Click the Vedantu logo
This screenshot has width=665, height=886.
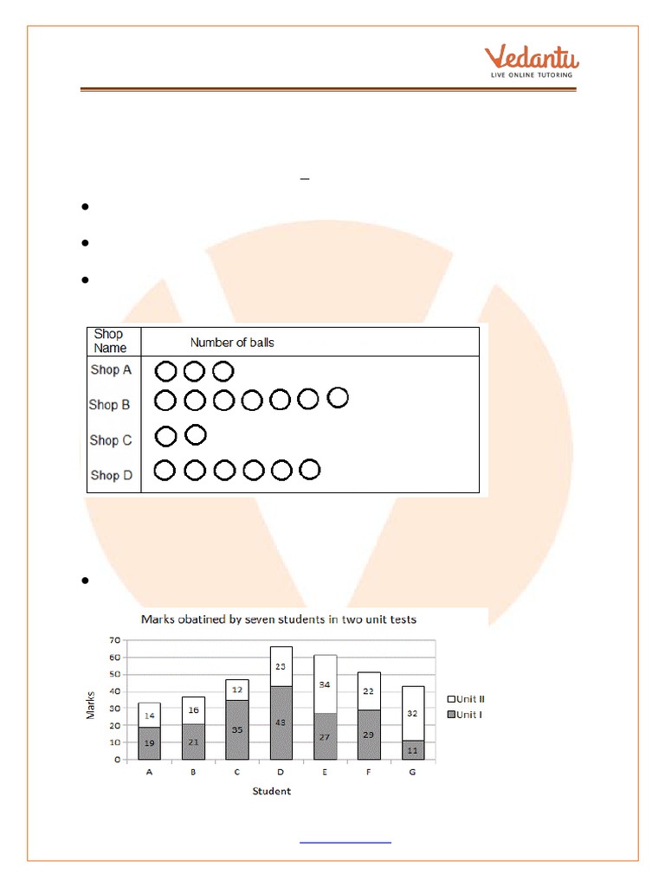tap(531, 61)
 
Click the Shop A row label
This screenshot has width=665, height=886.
tap(111, 369)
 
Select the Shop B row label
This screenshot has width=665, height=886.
tap(110, 404)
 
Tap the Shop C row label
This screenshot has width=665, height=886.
tap(111, 440)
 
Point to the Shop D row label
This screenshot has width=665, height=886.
tap(111, 475)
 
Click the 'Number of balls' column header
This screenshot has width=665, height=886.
tap(232, 343)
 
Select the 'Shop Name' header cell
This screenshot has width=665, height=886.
tap(110, 341)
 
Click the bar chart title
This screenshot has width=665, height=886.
tap(279, 620)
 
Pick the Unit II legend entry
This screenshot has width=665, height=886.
tap(465, 699)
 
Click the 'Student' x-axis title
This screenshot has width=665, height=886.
tap(272, 791)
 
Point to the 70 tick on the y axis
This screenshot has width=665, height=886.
tap(113, 641)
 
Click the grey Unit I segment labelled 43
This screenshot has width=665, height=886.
tap(281, 722)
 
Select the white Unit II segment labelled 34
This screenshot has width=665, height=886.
tap(324, 684)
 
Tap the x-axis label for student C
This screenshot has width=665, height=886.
tap(237, 774)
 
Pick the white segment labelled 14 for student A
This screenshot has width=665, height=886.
tap(150, 715)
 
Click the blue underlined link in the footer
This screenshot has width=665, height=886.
tap(345, 841)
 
